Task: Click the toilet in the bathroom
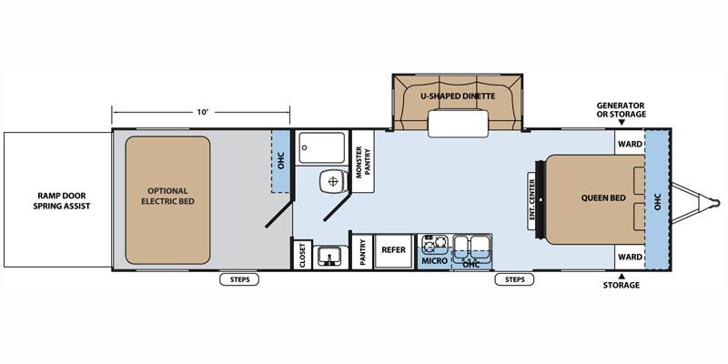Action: tap(332, 180)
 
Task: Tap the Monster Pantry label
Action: tap(362, 162)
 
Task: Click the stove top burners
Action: tap(434, 242)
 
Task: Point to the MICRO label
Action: tap(435, 261)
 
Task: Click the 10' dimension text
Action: tap(201, 112)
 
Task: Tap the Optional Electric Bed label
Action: tap(167, 197)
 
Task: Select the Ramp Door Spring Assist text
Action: tap(61, 201)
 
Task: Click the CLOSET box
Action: tap(302, 255)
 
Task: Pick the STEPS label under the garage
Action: tap(239, 279)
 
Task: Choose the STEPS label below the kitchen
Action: tap(514, 279)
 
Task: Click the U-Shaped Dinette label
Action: tap(458, 96)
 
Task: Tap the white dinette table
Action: tap(458, 124)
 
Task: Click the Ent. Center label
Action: tap(531, 200)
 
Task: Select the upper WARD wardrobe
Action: tap(630, 144)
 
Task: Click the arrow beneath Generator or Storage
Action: tap(622, 123)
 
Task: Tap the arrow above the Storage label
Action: tap(622, 276)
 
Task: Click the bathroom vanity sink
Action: tap(330, 257)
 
